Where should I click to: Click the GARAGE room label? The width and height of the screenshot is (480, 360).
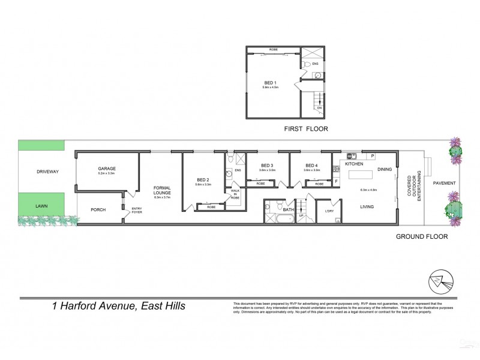107,169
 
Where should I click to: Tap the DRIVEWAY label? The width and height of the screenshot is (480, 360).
41,172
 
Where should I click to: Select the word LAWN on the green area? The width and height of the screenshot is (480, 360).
41,205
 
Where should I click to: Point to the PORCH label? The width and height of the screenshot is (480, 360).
98,210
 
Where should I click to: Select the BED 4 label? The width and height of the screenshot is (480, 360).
311,166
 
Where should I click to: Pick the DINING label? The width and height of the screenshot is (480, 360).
385,170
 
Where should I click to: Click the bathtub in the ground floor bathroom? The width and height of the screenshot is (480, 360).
281,219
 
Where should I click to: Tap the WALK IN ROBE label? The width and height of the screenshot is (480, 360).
235,193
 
